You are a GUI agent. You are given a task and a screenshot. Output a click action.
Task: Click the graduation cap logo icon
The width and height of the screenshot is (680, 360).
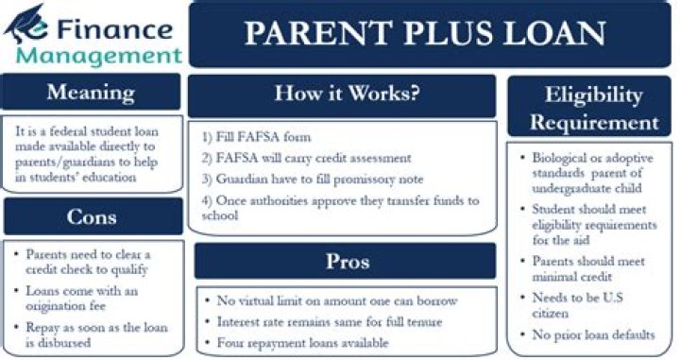pyautogui.click(x=25, y=25)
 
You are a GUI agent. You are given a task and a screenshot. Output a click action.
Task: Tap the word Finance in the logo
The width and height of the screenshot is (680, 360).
pyautogui.click(x=114, y=29)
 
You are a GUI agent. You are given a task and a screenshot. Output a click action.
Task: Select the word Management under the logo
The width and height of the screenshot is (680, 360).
pyautogui.click(x=99, y=57)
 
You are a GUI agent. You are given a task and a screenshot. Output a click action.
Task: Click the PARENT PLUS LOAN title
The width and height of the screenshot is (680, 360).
pyautogui.click(x=425, y=33)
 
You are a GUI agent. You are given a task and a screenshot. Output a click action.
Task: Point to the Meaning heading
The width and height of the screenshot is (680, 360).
pyautogui.click(x=91, y=92)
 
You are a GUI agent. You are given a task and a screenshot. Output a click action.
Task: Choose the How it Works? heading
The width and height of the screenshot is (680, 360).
pyautogui.click(x=348, y=93)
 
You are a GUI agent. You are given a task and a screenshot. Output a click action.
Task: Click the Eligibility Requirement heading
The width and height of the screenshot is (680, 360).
pyautogui.click(x=594, y=109)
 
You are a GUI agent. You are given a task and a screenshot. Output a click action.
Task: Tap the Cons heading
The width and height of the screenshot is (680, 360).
pyautogui.click(x=92, y=216)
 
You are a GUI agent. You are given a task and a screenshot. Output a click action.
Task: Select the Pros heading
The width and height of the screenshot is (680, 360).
pyautogui.click(x=348, y=261)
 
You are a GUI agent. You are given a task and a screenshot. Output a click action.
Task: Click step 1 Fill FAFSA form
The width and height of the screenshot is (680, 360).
pyautogui.click(x=256, y=137)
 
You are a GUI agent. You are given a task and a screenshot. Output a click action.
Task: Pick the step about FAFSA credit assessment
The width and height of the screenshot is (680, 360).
pyautogui.click(x=306, y=158)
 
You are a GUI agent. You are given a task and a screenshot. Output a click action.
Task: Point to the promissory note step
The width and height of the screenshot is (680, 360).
pyautogui.click(x=313, y=180)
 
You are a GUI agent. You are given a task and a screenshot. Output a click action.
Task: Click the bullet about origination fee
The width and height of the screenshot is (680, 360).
pyautogui.click(x=76, y=299)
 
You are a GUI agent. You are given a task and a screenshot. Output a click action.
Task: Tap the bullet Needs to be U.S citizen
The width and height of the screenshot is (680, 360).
pyautogui.click(x=572, y=305)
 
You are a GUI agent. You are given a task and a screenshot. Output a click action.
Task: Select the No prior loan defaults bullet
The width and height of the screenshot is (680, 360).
pyautogui.click(x=587, y=334)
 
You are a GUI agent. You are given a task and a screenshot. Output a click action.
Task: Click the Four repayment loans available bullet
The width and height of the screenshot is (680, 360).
pyautogui.click(x=297, y=343)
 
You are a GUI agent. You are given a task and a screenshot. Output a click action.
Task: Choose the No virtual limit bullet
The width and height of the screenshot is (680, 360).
pyautogui.click(x=331, y=300)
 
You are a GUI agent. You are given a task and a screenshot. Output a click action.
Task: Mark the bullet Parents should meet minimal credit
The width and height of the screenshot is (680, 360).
pyautogui.click(x=583, y=269)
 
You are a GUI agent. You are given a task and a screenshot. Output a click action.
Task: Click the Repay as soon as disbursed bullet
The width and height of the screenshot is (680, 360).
pyautogui.click(x=91, y=334)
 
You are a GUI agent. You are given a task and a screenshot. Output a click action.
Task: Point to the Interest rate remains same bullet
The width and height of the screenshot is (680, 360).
pyautogui.click(x=324, y=322)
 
